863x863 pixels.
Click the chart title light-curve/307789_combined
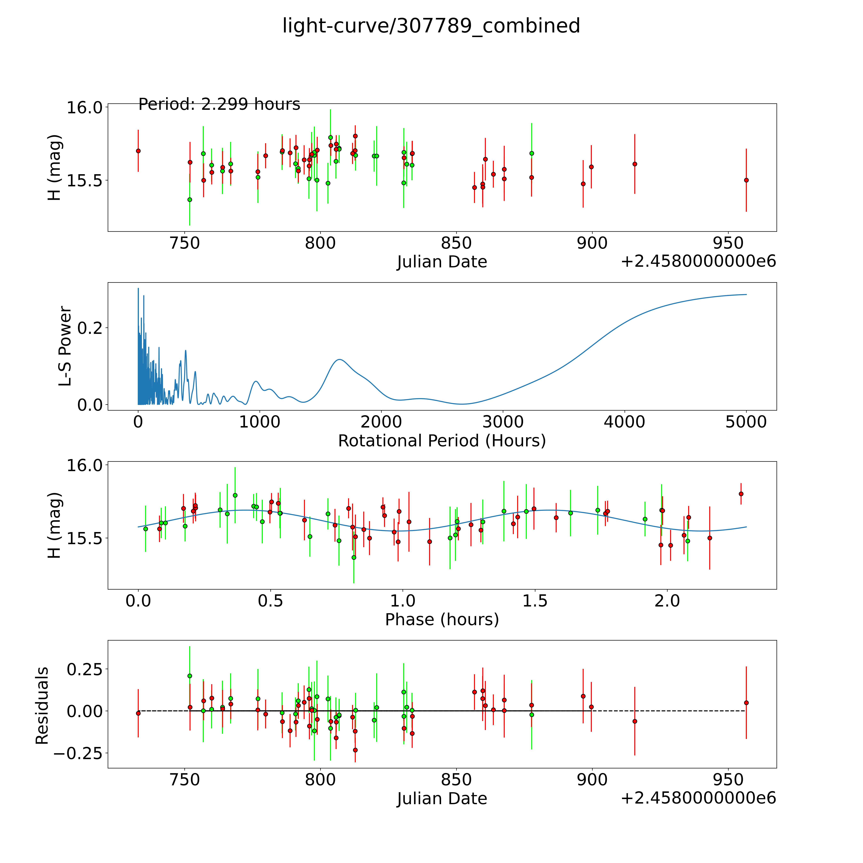point(431,26)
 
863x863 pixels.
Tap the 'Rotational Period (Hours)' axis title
point(442,441)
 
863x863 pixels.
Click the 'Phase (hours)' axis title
point(442,620)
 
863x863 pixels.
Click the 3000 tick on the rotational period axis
point(503,422)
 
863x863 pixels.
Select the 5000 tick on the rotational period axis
point(746,422)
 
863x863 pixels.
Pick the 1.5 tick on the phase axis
point(535,601)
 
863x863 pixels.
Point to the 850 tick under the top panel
point(456,243)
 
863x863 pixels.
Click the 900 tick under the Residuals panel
point(592,779)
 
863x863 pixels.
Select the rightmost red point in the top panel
point(746,180)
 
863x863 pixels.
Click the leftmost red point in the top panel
point(138,151)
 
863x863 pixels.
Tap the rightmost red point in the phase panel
point(741,494)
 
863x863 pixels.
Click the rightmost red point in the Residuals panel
point(746,703)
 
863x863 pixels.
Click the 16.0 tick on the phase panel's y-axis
point(84,465)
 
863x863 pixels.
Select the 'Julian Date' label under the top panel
point(442,262)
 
